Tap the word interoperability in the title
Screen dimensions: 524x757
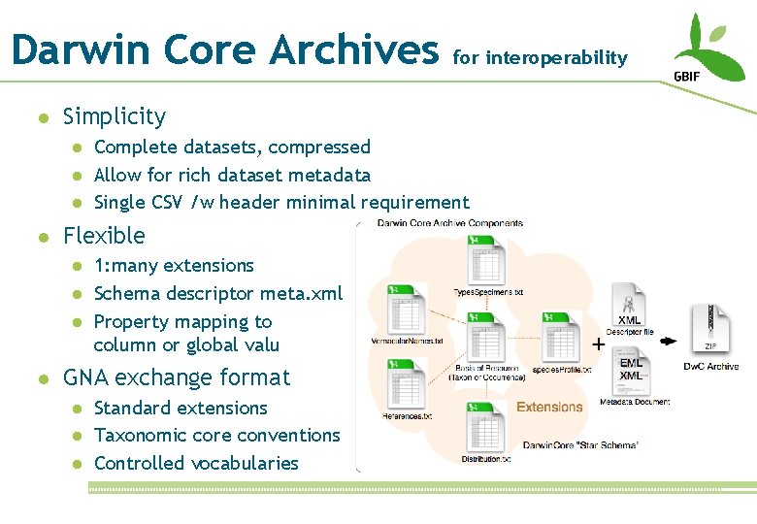coord(556,57)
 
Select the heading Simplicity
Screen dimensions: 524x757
coord(114,116)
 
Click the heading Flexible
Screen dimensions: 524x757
coord(104,236)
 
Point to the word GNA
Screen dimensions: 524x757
coord(84,377)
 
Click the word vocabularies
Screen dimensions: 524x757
coord(245,463)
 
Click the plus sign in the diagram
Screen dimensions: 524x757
coord(599,343)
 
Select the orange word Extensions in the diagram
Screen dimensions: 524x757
coord(549,407)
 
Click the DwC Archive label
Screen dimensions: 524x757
coord(711,366)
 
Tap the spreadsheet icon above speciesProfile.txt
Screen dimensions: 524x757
coord(561,334)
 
